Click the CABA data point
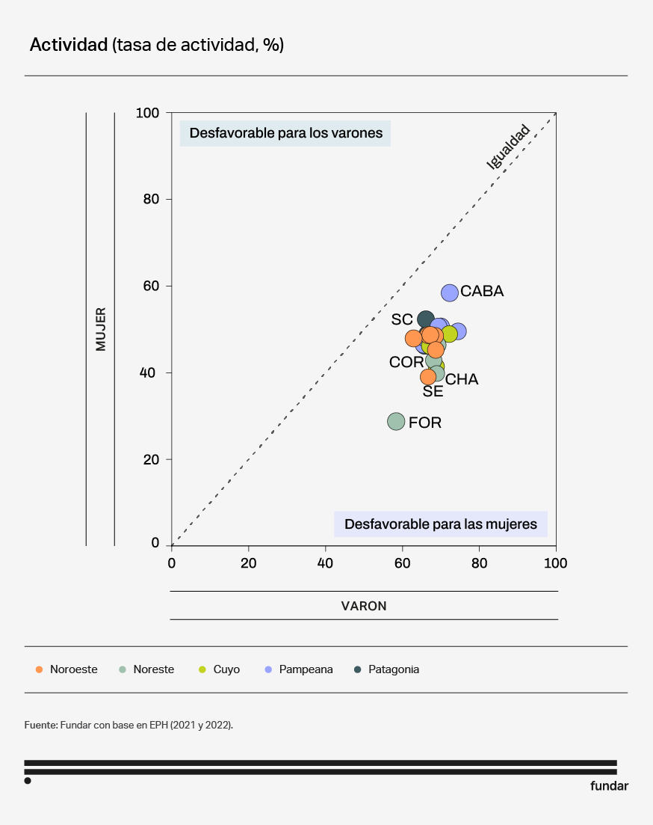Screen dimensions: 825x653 click(450, 292)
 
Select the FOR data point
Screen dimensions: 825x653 click(396, 422)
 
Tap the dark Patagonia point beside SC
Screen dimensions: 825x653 click(426, 319)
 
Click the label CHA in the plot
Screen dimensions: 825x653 click(462, 380)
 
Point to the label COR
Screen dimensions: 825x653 click(406, 363)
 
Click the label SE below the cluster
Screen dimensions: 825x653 click(433, 391)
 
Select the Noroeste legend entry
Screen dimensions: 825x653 click(67, 669)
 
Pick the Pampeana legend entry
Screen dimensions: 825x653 click(299, 669)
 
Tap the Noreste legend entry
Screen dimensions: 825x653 click(147, 669)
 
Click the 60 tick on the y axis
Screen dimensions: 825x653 click(148, 286)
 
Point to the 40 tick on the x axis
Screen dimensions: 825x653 click(325, 563)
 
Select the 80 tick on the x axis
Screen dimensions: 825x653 click(479, 563)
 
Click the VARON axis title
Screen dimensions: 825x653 click(364, 606)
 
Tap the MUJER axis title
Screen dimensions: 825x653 click(101, 329)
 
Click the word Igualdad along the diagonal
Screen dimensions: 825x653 click(508, 147)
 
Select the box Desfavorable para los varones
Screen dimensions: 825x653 click(285, 133)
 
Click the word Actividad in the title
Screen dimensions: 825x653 click(69, 45)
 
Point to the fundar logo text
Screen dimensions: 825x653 click(609, 786)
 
